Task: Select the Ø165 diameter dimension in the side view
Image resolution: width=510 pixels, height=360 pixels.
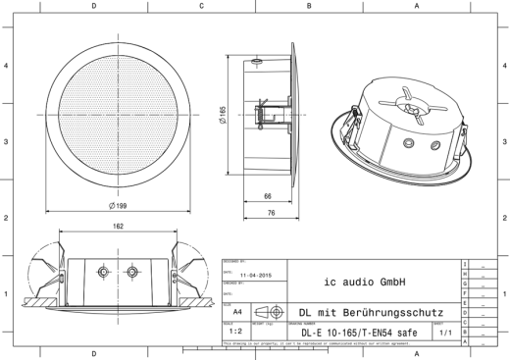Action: pyautogui.click(x=224, y=116)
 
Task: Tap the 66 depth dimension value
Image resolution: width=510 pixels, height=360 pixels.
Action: pyautogui.click(x=268, y=196)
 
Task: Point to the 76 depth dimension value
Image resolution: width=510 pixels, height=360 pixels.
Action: pyautogui.click(x=268, y=213)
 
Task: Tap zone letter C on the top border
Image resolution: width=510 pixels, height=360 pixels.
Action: pyautogui.click(x=201, y=5)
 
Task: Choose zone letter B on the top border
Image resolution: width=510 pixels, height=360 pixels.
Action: pyautogui.click(x=309, y=5)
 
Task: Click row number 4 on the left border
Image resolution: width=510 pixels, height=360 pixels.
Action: pyautogui.click(x=7, y=66)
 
